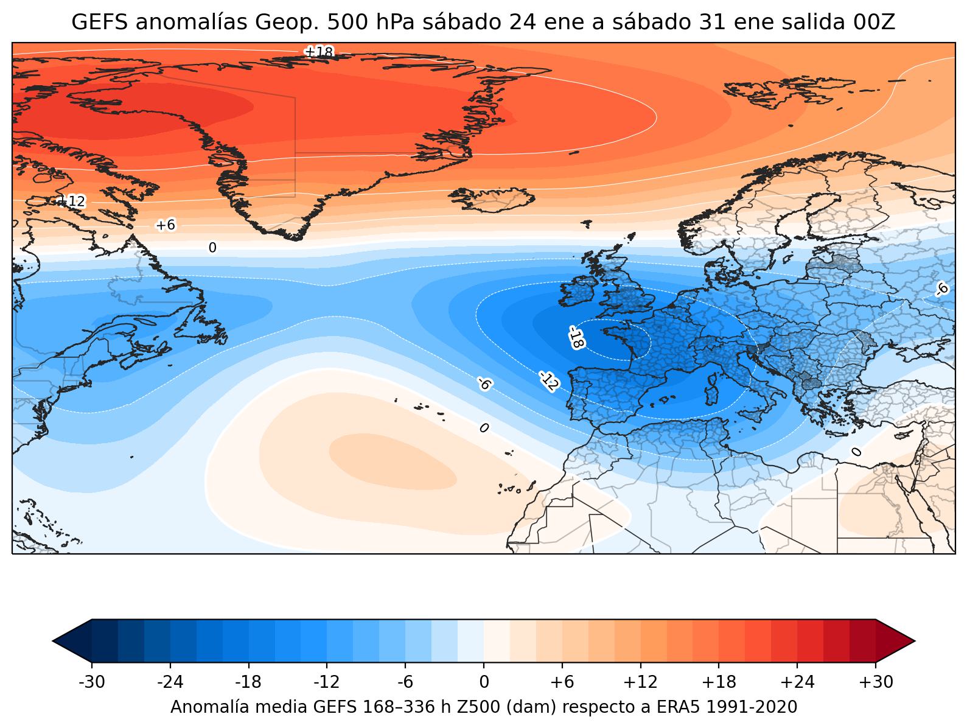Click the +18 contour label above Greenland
(318, 52)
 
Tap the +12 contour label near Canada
(71, 201)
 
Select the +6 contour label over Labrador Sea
(166, 225)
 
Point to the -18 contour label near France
(576, 337)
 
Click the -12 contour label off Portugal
(548, 380)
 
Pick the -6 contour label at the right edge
(942, 289)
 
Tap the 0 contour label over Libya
(856, 452)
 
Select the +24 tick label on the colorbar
(797, 682)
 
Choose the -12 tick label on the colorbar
(327, 682)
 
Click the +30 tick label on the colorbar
(876, 682)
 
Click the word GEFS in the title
(99, 23)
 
